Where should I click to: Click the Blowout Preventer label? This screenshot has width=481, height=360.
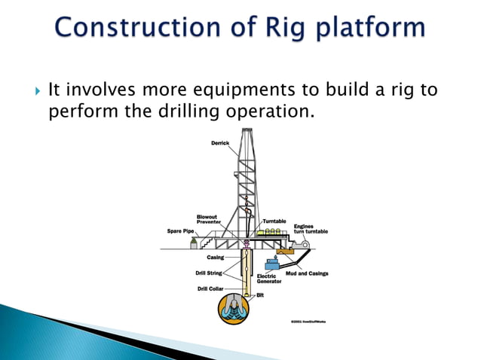tap(207, 219)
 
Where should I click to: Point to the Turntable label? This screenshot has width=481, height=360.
tap(274, 221)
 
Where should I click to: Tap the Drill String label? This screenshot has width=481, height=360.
tap(209, 273)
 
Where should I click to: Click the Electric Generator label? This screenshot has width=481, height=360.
tap(269, 279)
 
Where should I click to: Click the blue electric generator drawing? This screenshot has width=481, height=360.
tap(272, 264)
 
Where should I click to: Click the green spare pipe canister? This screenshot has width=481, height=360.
tap(195, 243)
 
